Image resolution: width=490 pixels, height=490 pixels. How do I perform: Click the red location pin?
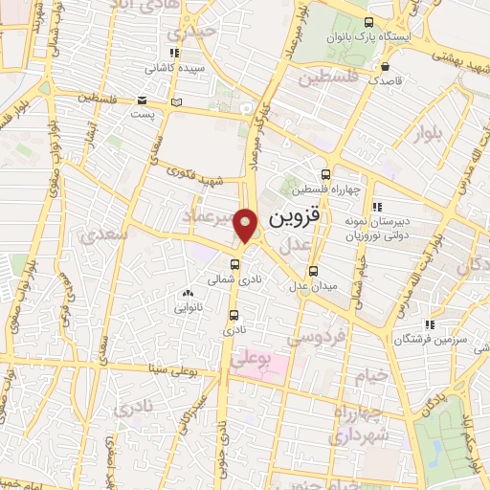coord(246,226)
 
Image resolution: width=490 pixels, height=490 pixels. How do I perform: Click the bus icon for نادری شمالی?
coord(235,264)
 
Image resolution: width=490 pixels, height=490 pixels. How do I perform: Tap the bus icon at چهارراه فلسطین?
coord(325,175)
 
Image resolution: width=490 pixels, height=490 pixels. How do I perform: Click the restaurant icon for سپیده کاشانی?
coord(172,55)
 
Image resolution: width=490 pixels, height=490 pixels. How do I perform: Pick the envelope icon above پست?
coord(142,100)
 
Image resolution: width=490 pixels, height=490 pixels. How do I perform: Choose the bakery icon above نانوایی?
coord(186,295)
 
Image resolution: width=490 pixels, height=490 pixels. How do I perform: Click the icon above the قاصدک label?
coord(384,67)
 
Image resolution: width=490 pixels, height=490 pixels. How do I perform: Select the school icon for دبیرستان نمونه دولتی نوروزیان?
coord(377,206)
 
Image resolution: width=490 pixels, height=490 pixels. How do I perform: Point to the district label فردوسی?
coord(312,339)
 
